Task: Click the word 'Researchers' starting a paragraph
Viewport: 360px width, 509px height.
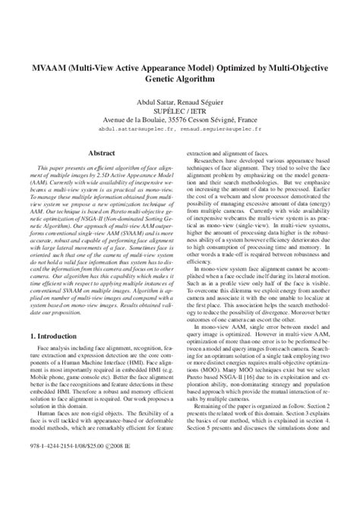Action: (x=214, y=161)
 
